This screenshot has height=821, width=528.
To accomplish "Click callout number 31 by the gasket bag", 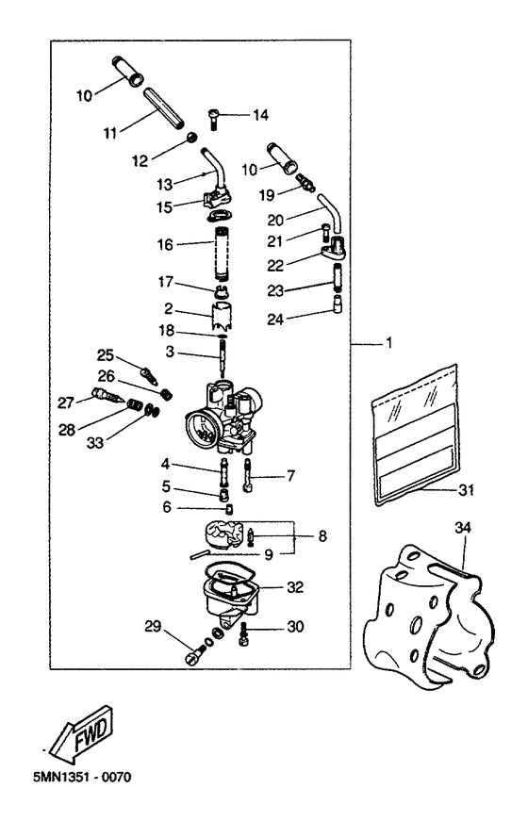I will pyautogui.click(x=466, y=489).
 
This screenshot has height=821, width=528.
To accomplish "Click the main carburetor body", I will pyautogui.click(x=226, y=415).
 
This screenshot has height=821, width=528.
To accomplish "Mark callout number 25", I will pyautogui.click(x=106, y=355).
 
